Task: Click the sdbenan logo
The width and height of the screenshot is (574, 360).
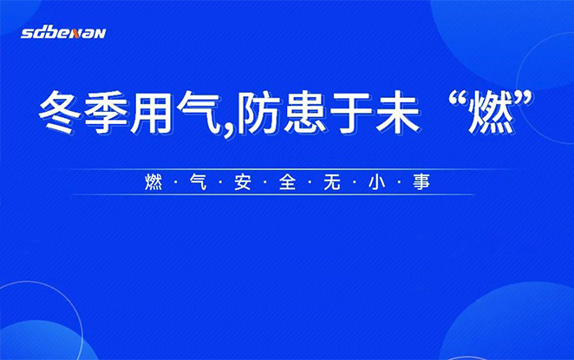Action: [x=63, y=33]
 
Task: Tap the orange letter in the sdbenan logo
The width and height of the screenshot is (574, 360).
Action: [x=76, y=34]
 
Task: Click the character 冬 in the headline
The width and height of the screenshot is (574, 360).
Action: [x=60, y=112]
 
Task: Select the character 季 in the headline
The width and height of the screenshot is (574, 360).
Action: [x=106, y=112]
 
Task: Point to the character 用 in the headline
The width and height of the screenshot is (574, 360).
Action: [x=152, y=112]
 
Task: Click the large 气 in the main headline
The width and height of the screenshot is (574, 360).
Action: [x=199, y=112]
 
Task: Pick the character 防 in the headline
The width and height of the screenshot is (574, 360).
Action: [x=257, y=112]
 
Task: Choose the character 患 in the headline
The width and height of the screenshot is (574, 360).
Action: [x=304, y=112]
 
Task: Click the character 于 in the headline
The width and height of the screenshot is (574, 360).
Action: [x=351, y=112]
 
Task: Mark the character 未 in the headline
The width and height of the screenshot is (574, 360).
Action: [x=398, y=112]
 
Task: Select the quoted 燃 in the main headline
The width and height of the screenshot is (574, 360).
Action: [x=492, y=113]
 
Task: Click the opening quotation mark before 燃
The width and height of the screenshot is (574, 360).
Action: [x=459, y=100]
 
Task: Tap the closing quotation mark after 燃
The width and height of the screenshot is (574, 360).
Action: [x=523, y=100]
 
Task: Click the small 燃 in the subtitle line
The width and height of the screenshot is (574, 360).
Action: [x=153, y=182]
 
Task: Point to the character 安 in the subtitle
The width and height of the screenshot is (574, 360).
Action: [x=243, y=182]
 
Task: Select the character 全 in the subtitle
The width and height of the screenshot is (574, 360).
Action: [x=287, y=182]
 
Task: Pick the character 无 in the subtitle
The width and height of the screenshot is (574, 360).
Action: [x=332, y=182]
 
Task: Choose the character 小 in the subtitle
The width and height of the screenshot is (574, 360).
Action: [x=377, y=182]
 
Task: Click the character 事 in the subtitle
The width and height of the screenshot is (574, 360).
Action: [x=421, y=182]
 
